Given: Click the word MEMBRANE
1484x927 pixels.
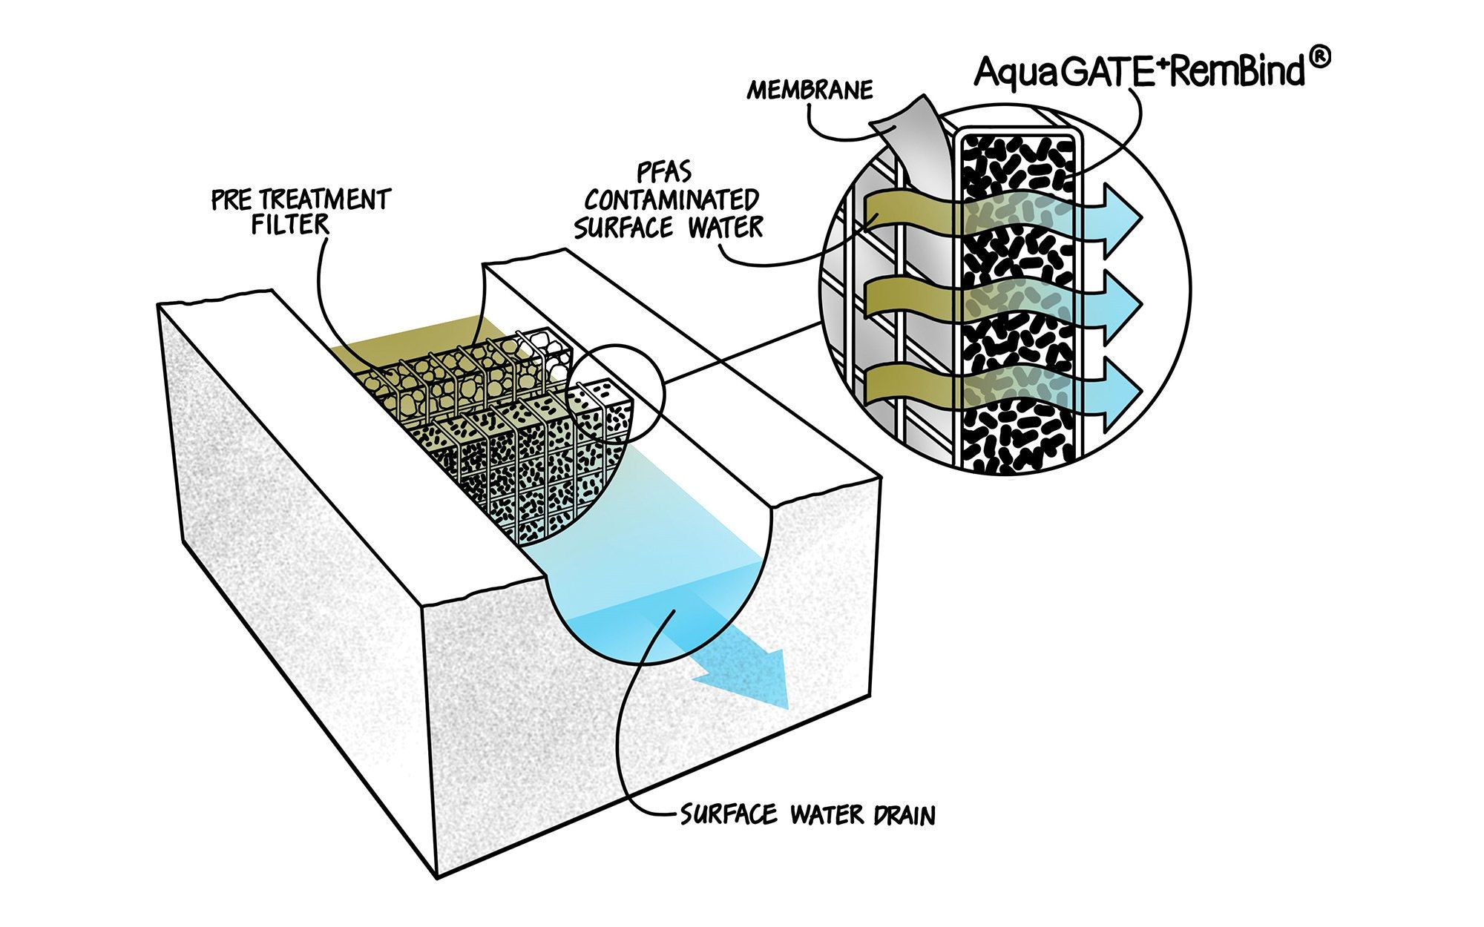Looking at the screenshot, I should (x=810, y=90).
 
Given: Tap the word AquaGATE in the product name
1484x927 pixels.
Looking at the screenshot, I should (x=1061, y=72).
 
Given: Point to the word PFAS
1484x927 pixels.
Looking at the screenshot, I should (x=664, y=174).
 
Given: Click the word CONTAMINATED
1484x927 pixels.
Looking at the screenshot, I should (x=672, y=200).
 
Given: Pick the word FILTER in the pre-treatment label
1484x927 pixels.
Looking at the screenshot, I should (x=289, y=224).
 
